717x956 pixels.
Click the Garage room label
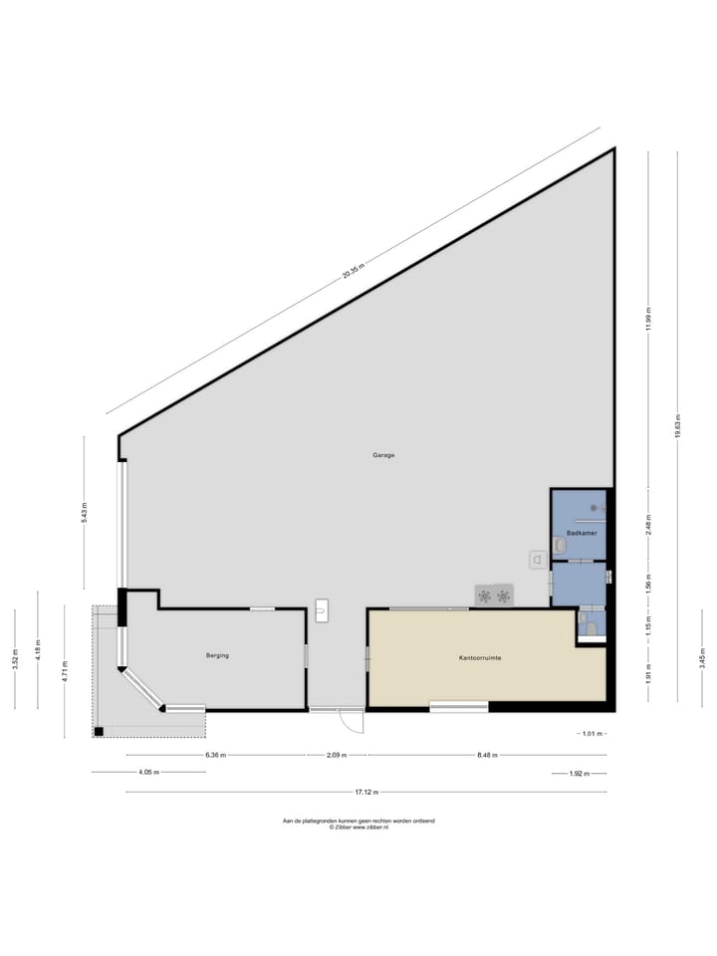[x=383, y=455]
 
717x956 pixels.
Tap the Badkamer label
[x=581, y=534]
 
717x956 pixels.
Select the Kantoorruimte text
[x=480, y=658]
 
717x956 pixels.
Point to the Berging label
[x=217, y=655]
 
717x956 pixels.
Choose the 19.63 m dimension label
[x=677, y=426]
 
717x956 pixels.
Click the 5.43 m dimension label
[x=85, y=513]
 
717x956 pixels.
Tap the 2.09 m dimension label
[x=337, y=755]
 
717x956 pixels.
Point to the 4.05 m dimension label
[x=148, y=772]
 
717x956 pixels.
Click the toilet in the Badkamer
[x=560, y=545]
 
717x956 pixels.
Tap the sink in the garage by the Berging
[x=322, y=609]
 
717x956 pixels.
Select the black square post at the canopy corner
[x=99, y=731]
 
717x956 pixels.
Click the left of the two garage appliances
[x=484, y=596]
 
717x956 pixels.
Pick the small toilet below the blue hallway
[x=591, y=628]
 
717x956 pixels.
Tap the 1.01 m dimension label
[x=592, y=734]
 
